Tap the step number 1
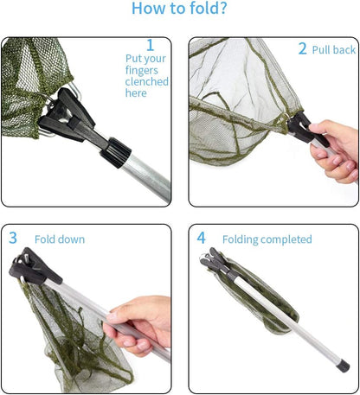[x=150, y=45]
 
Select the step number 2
[x=303, y=49]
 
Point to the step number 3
[x=13, y=237]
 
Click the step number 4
[x=202, y=238]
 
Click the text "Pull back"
[x=333, y=50]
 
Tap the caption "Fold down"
[x=60, y=239]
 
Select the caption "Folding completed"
[x=267, y=239]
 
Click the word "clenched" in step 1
[x=147, y=82]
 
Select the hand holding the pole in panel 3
[x=138, y=325]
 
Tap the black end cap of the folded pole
[x=343, y=366]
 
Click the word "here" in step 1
[x=137, y=93]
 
